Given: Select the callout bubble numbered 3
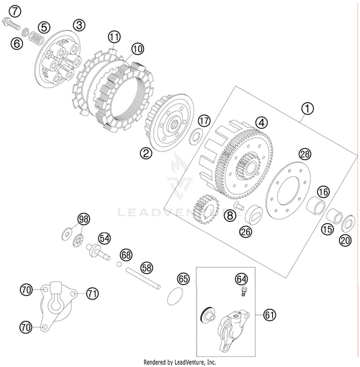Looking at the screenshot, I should pyautogui.click(x=79, y=24).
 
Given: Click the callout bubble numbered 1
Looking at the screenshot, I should pyautogui.click(x=307, y=109).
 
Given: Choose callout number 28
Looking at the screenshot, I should pyautogui.click(x=305, y=154).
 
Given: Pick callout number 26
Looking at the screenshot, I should pyautogui.click(x=246, y=231).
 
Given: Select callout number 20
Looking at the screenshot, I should pyautogui.click(x=345, y=241).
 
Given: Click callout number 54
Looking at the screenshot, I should pyautogui.click(x=105, y=237).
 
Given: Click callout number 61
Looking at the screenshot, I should pyautogui.click(x=270, y=315).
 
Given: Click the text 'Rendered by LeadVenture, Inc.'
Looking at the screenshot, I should pyautogui.click(x=180, y=362).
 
